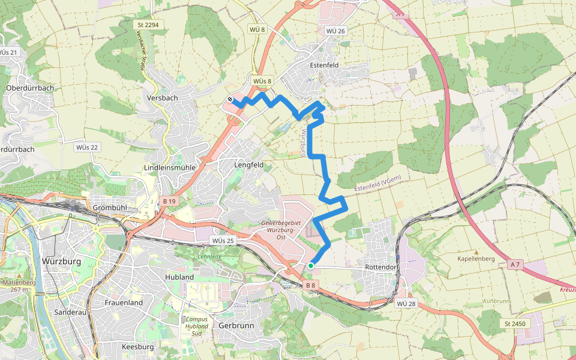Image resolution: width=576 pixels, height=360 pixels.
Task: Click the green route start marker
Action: [x=311, y=265]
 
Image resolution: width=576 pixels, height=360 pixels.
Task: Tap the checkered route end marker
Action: [x=230, y=100]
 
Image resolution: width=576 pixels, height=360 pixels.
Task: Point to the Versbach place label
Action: [x=162, y=98]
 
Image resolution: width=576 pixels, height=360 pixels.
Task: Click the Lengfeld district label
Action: [x=248, y=164]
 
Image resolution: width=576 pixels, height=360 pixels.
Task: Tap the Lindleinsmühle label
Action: [x=170, y=167]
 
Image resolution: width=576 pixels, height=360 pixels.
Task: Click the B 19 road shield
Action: [x=169, y=202]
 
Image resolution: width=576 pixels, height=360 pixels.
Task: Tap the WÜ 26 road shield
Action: [x=335, y=31]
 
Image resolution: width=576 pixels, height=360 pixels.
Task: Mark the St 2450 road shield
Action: [x=514, y=324]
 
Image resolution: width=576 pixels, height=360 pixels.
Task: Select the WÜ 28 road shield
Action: [x=406, y=304]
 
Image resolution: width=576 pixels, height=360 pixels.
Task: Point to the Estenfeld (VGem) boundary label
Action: [x=377, y=184]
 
